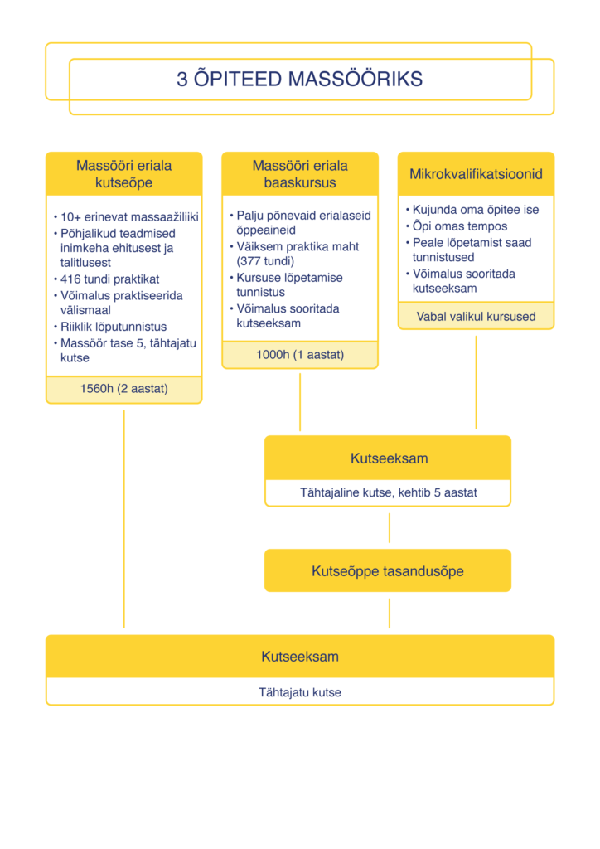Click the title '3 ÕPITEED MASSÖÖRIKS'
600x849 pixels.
299,80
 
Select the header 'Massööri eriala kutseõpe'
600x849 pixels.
124,174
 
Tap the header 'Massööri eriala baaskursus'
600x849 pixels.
300,174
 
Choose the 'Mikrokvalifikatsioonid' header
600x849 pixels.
476,174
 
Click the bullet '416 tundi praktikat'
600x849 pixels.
109,279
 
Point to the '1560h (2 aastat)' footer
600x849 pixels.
124,388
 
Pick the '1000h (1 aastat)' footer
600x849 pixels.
300,355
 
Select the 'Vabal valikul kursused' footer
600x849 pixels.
476,316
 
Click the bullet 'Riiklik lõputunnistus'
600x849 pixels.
114,327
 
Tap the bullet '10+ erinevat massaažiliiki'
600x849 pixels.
129,217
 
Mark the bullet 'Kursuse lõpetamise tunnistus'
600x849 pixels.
289,284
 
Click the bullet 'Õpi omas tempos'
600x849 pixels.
460,226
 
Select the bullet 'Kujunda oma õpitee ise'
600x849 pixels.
476,210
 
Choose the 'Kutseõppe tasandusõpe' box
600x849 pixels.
388,571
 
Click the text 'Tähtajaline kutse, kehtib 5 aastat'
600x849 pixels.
388,492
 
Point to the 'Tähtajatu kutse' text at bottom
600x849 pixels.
300,692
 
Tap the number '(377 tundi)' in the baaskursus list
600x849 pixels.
265,261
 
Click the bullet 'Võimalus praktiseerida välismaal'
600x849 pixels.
122,303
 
